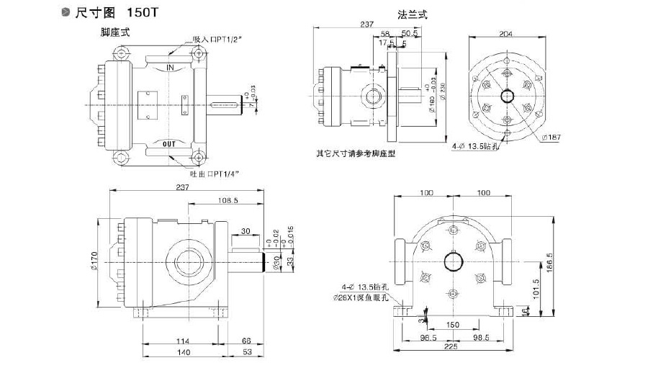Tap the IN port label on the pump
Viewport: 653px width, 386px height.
(171, 68)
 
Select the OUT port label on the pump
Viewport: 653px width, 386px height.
(169, 144)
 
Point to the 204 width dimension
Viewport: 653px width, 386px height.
(507, 33)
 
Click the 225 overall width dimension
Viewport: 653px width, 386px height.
(451, 346)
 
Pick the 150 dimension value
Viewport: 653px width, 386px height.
(451, 325)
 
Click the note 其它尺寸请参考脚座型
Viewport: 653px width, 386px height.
(356, 153)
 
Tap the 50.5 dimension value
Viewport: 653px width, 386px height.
(411, 33)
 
